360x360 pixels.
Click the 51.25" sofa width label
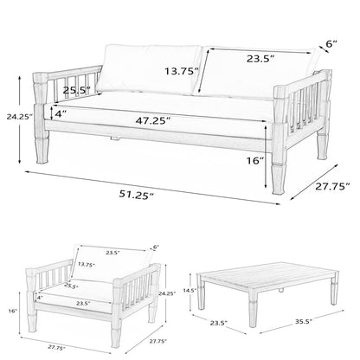point(136,195)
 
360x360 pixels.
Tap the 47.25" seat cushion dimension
point(153,120)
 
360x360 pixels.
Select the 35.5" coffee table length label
point(302,322)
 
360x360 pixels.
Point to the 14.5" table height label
point(190,291)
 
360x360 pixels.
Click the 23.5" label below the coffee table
point(219,323)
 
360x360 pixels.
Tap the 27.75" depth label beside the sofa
point(332,186)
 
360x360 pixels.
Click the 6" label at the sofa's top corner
point(331,44)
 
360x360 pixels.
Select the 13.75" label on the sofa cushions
point(182,71)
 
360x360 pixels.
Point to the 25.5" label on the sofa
point(77,90)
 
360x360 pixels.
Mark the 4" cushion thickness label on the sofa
point(59,114)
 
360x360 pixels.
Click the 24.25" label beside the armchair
point(167,293)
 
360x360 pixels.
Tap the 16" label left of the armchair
point(13,311)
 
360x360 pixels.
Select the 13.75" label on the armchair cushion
point(87,264)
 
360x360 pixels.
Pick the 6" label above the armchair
point(156,247)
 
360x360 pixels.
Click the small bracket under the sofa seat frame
point(115,139)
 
